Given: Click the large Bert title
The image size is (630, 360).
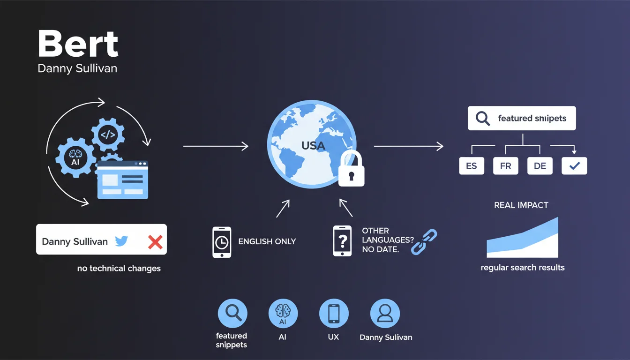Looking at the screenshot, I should (78, 45).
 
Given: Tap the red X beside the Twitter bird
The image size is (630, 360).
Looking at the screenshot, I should (155, 242).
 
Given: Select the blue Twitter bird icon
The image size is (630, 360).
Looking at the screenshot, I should (121, 241).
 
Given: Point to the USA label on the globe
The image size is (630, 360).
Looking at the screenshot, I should (313, 146).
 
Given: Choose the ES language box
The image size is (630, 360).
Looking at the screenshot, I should (471, 166).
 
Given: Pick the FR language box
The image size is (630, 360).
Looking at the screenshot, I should (506, 166).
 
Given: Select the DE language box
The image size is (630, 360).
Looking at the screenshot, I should (540, 166).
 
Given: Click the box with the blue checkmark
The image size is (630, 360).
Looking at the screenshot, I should (574, 166).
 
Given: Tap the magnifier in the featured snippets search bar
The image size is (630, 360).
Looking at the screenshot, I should (482, 118).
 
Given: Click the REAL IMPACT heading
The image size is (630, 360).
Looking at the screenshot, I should (521, 205).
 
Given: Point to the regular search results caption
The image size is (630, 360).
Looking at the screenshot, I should (523, 268).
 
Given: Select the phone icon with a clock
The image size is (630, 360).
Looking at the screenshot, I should (222, 242).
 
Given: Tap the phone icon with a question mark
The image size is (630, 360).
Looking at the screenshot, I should (342, 241).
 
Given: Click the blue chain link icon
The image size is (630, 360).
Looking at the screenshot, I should (424, 241).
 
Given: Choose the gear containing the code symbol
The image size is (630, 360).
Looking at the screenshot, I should (108, 135).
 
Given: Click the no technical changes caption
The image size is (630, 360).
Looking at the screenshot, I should (119, 269).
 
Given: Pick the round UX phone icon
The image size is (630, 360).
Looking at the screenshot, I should (334, 314).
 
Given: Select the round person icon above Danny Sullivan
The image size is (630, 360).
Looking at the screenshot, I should (385, 314).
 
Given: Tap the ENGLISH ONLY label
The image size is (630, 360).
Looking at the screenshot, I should (267, 242).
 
